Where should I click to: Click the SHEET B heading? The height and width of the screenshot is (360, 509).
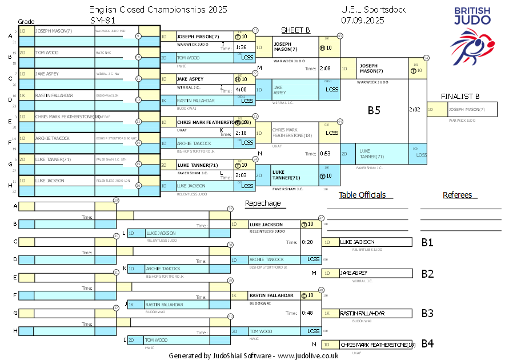(295, 30)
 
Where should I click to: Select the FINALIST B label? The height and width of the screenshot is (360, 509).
(460, 96)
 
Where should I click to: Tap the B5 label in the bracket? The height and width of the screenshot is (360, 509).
(374, 110)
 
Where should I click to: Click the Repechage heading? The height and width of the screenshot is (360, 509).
(263, 203)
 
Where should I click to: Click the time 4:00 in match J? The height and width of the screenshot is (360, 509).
(241, 90)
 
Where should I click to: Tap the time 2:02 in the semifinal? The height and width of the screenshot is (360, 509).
(415, 109)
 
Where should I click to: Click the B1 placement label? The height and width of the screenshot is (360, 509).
(427, 242)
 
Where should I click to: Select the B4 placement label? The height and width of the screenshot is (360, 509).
(427, 343)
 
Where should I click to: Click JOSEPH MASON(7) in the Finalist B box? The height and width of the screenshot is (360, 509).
(466, 109)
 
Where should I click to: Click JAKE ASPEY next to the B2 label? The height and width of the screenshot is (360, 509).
(355, 273)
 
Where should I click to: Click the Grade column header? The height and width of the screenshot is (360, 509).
(26, 21)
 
